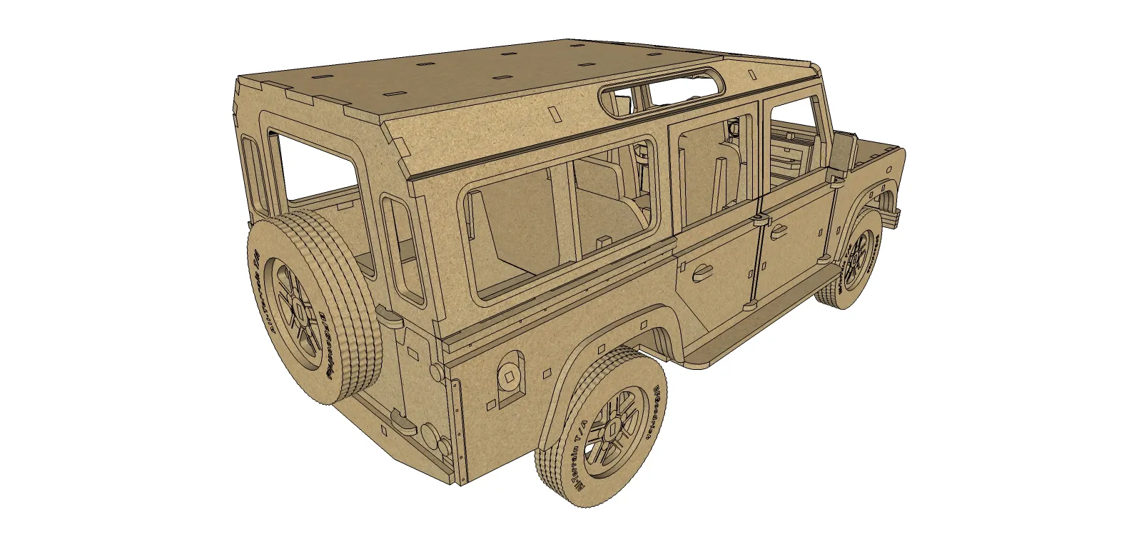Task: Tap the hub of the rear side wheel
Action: coord(612,427)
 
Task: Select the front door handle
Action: coord(777,230)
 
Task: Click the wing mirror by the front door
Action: coord(844,152)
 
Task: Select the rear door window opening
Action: coord(314,168)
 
